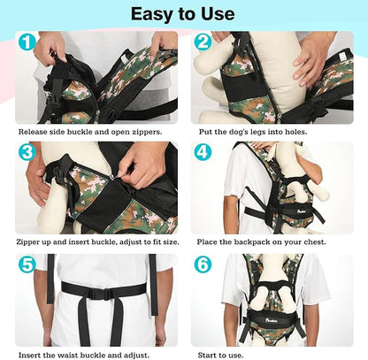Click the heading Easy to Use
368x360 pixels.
tap(183, 13)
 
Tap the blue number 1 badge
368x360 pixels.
tap(28, 42)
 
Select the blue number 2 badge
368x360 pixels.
tap(203, 42)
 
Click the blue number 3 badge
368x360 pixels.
tap(28, 151)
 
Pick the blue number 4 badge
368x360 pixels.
tap(203, 151)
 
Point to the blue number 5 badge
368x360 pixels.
tap(28, 264)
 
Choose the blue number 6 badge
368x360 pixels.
tap(203, 264)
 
